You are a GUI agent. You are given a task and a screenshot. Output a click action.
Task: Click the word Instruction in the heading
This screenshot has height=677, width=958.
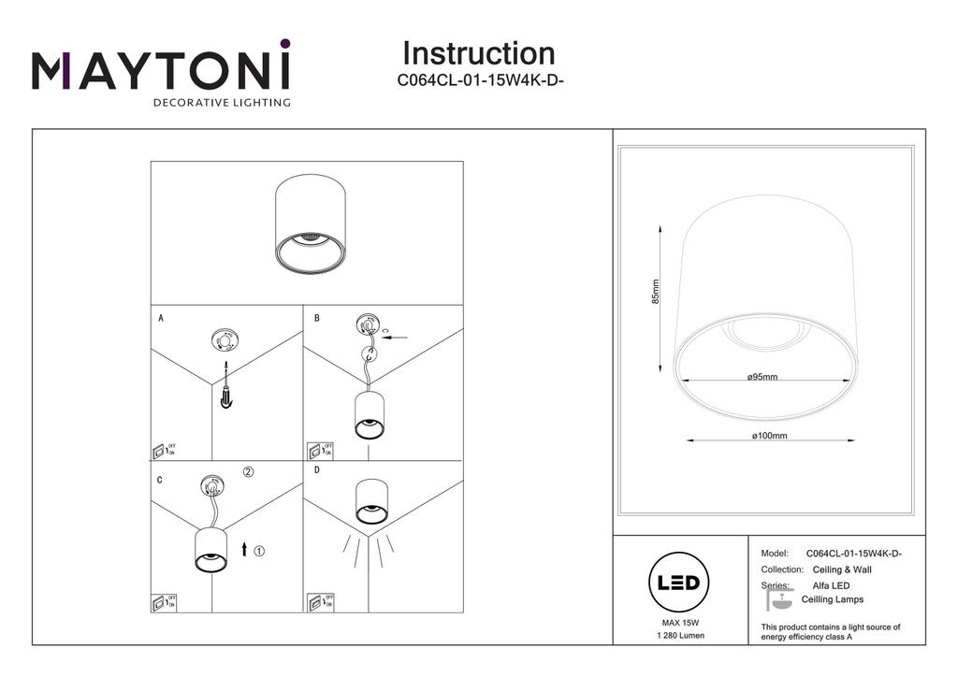coord(478,53)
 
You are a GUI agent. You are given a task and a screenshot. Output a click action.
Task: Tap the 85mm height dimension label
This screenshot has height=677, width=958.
coord(655,292)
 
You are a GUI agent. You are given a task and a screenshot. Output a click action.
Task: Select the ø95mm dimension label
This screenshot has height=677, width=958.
coord(762,377)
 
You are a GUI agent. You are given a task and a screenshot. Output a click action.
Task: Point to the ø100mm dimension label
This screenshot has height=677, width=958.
coord(769,436)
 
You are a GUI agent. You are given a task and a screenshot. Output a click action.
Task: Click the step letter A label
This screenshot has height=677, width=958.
coord(161,319)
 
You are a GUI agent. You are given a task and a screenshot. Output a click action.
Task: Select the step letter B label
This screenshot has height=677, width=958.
coord(316,319)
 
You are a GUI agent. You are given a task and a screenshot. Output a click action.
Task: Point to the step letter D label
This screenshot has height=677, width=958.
coord(316,470)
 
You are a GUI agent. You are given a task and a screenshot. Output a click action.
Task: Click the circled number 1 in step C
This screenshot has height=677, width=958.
coord(259,551)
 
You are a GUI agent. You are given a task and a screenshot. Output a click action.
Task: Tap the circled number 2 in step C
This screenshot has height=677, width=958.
coord(248,472)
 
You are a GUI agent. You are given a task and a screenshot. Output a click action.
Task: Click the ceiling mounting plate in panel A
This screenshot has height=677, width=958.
coord(225,339)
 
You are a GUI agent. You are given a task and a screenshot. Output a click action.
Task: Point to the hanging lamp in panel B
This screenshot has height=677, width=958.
coord(370,415)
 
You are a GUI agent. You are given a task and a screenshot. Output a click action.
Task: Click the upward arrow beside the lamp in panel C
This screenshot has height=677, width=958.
coord(244,550)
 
